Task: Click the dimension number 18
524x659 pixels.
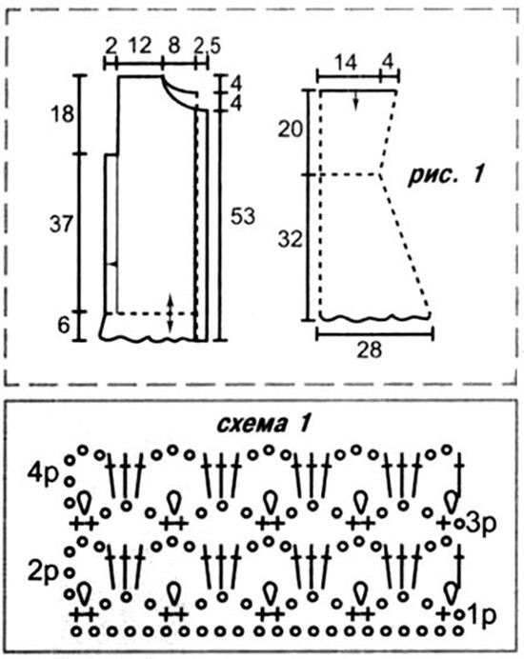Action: (62, 113)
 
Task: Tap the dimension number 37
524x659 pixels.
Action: (61, 224)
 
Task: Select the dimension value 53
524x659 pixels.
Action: (243, 216)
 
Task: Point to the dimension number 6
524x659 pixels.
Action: (63, 325)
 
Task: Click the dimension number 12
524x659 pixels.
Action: (139, 45)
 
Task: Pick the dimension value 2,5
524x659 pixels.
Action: (207, 47)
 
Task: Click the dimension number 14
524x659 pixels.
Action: (346, 63)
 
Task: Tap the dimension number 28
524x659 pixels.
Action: (370, 349)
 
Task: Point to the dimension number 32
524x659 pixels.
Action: (291, 240)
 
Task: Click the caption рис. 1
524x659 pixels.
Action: (446, 175)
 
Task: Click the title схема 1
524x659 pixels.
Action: (264, 424)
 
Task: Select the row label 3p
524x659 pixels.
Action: (481, 524)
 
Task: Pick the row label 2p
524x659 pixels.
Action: (42, 572)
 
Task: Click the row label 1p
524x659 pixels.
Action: (481, 615)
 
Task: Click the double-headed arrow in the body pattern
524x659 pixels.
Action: (170, 313)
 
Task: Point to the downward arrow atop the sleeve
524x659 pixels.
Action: (355, 100)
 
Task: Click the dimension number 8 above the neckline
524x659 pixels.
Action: (174, 45)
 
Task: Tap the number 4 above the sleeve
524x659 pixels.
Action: (388, 63)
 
